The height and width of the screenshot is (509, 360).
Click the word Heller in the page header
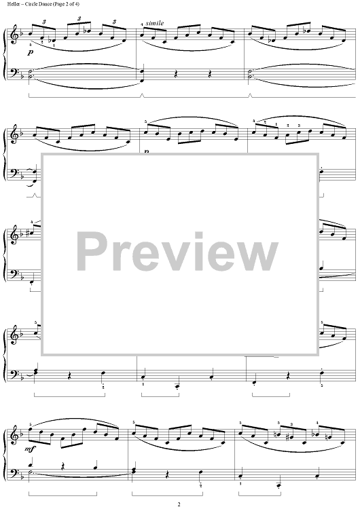[x=12, y=4]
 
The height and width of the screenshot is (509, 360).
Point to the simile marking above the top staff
[x=155, y=23]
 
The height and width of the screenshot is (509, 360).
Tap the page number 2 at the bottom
[x=179, y=504]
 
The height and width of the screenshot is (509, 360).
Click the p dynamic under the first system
[x=30, y=52]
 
